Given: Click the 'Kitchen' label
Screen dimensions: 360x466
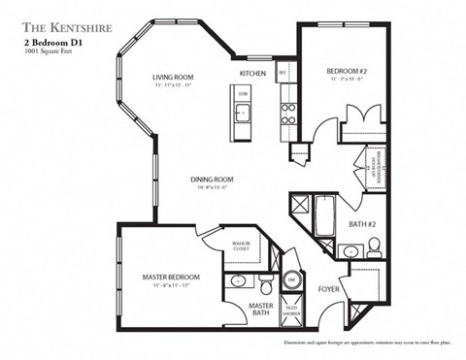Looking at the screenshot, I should click(253, 74).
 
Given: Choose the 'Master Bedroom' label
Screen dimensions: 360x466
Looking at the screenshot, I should click(164, 277).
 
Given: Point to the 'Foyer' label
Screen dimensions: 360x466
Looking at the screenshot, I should click(329, 289).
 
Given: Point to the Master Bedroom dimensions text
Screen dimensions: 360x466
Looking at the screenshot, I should click(164, 287).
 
